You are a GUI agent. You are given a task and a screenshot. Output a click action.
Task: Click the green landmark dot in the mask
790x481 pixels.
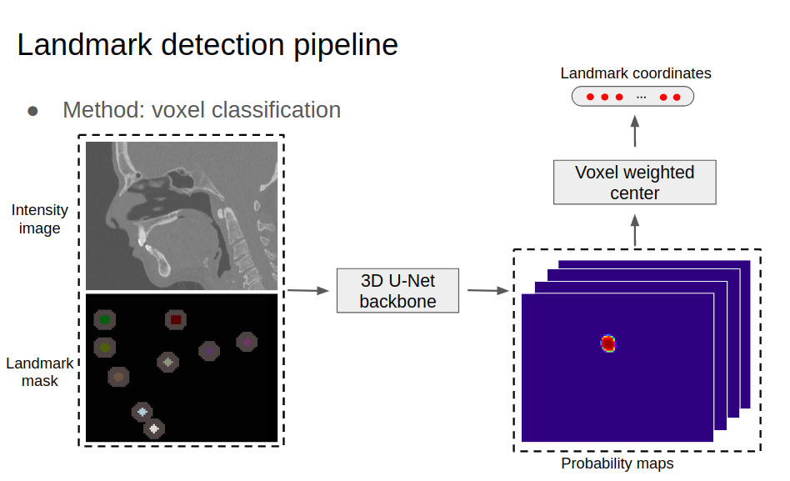pos(104,319)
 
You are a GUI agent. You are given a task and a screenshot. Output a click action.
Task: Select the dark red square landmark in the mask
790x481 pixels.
pos(175,319)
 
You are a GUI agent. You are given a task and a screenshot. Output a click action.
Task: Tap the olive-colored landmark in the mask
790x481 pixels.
pos(104,347)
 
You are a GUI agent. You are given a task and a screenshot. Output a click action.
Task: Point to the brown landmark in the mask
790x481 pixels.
pos(118,378)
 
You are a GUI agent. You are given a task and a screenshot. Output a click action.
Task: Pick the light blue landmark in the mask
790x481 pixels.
pos(142,412)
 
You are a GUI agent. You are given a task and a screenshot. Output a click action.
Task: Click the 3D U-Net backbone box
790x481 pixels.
pos(397,290)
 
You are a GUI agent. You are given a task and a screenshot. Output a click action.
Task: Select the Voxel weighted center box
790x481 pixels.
pos(634,183)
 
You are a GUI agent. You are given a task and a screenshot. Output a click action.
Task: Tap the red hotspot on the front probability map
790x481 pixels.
pos(608,343)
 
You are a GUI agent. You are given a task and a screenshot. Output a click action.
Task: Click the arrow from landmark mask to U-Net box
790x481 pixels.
pos(307,290)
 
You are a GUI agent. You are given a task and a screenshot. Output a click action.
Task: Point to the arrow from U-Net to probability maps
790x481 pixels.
pos(487,290)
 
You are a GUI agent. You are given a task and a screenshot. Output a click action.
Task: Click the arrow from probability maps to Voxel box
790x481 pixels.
pos(635,229)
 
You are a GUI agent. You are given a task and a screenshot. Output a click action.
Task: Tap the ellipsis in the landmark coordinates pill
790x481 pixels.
pos(641,97)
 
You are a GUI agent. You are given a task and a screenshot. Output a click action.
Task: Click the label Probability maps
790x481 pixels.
pos(617,463)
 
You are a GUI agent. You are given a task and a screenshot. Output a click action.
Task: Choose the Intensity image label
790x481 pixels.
pos(39,219)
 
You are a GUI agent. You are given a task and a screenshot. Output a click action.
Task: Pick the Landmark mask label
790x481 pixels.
pos(39,372)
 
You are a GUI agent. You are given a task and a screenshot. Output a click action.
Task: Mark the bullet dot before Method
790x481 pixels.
pos(33,111)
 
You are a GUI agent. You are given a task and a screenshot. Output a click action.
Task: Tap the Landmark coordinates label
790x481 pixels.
pos(635,73)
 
